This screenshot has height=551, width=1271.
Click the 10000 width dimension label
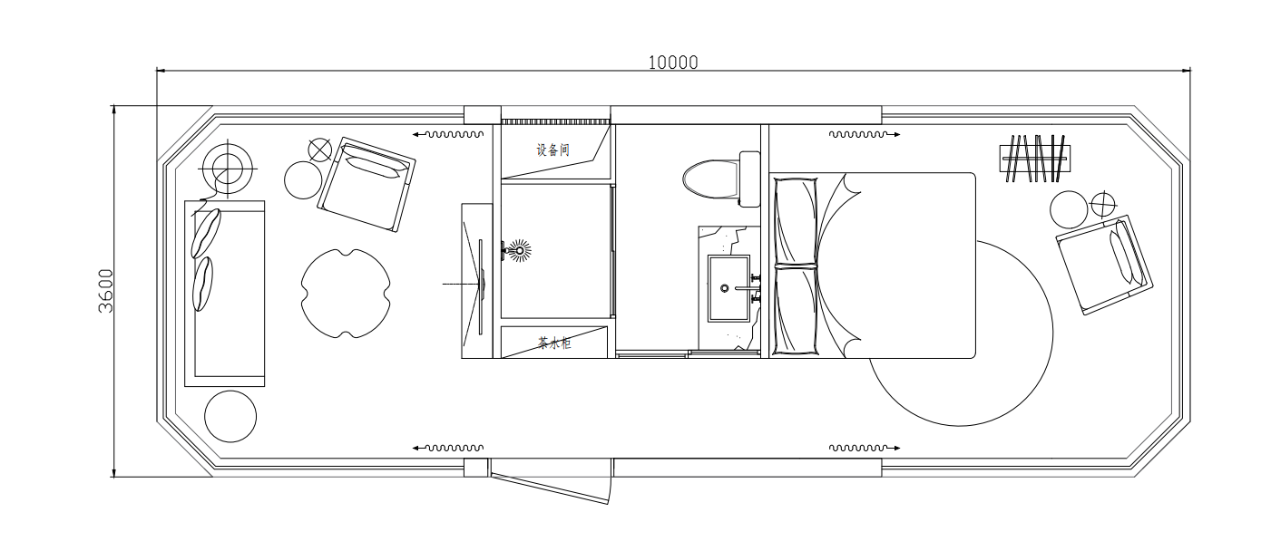(673, 63)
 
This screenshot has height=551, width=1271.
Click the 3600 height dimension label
(106, 291)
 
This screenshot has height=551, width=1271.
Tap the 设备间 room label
(552, 150)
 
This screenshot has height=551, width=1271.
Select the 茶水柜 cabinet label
(553, 343)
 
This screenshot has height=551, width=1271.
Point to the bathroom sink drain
(724, 288)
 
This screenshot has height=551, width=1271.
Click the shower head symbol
(519, 250)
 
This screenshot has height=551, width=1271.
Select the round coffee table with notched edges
(346, 294)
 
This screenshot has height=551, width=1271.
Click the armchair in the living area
(367, 184)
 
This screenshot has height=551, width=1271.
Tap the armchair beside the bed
(1104, 264)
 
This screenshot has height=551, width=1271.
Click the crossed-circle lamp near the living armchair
(320, 150)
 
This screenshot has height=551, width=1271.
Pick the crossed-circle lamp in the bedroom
(1103, 204)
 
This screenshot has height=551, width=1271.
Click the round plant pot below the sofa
(230, 416)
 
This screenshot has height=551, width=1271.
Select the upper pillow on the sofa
(205, 234)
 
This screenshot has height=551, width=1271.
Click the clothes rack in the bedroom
(1035, 159)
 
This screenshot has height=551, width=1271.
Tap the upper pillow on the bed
(797, 222)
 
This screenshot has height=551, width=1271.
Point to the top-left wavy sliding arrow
(447, 135)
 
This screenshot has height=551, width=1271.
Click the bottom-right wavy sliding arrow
(865, 448)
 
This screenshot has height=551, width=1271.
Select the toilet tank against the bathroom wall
(749, 179)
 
